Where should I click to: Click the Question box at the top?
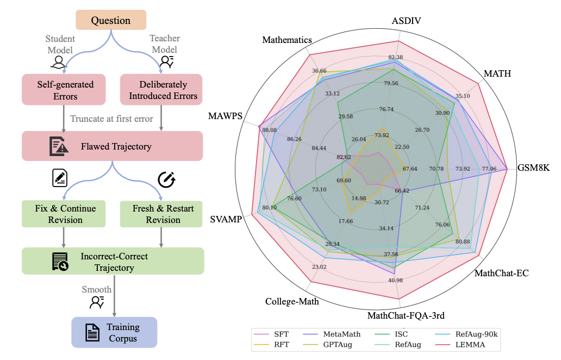(x=111, y=20)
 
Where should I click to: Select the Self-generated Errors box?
(x=64, y=90)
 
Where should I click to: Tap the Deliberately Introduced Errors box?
(x=161, y=90)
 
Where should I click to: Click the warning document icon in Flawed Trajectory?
(x=59, y=146)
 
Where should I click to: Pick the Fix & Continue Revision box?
(x=64, y=214)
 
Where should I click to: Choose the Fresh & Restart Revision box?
(x=161, y=214)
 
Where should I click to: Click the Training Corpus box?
(x=115, y=332)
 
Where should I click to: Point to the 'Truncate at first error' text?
(x=111, y=119)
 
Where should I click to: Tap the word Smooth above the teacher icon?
(x=97, y=289)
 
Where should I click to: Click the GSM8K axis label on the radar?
(x=533, y=168)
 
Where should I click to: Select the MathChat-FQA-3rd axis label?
(x=406, y=315)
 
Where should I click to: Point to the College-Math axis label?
(x=292, y=302)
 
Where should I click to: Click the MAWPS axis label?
(x=226, y=116)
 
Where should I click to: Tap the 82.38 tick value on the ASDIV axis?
(x=395, y=57)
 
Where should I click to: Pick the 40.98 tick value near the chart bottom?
(x=395, y=280)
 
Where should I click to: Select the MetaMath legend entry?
(x=332, y=334)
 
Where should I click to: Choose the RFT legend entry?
(x=272, y=345)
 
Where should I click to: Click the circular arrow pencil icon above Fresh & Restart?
(x=167, y=179)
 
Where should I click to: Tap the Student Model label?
(x=60, y=45)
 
